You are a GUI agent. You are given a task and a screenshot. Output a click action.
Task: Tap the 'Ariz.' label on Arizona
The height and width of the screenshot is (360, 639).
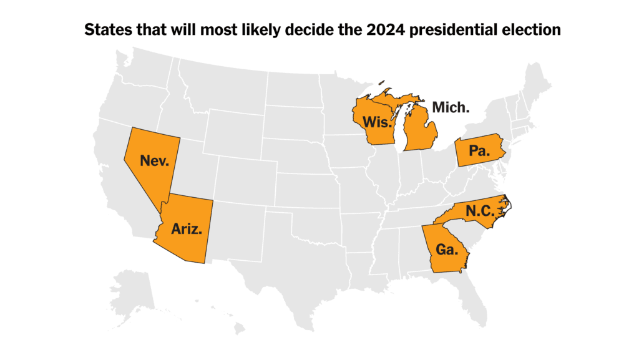pos(187,228)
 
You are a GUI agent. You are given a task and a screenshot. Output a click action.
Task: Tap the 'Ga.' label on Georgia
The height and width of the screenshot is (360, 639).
pos(447,250)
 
